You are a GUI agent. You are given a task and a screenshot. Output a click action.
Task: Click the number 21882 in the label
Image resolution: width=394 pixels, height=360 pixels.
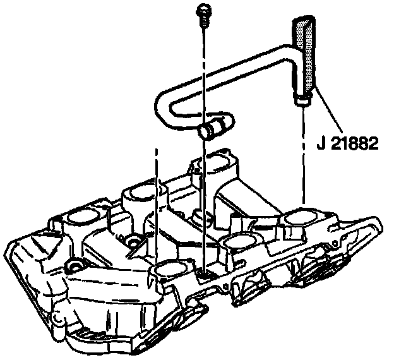point(353,143)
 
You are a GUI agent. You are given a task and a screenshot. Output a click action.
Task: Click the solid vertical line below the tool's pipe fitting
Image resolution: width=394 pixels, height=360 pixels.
point(303,158)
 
